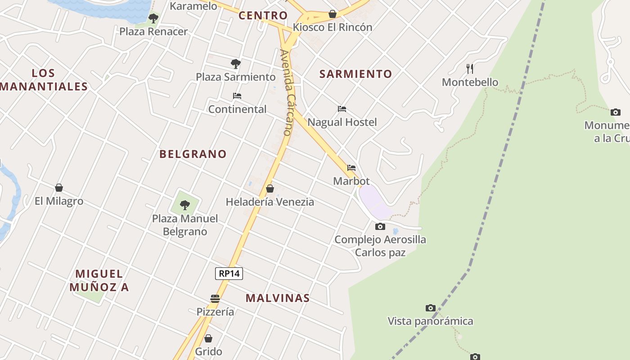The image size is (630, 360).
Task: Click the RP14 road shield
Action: (229, 273)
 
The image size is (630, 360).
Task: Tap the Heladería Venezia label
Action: (270, 202)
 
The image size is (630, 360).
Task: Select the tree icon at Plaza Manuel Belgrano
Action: (184, 205)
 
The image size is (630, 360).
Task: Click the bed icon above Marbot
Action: (351, 168)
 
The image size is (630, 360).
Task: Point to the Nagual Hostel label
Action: (342, 122)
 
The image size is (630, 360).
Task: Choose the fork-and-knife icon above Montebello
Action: (470, 68)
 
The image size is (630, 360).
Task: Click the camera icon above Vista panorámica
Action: (431, 308)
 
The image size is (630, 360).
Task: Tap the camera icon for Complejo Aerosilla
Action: (380, 226)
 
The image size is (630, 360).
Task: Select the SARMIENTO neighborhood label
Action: (355, 74)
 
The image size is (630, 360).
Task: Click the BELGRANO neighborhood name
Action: (193, 154)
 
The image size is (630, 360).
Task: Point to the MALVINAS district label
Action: (278, 298)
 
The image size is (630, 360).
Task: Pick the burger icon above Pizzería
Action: (215, 298)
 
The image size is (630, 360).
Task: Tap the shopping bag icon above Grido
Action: (208, 338)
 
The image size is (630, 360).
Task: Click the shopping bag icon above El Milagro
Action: (59, 188)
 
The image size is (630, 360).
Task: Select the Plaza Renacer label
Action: (153, 31)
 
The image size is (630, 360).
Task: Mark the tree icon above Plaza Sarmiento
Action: (235, 63)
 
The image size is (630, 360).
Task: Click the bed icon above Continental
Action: (237, 96)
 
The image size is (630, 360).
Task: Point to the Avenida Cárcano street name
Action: (287, 92)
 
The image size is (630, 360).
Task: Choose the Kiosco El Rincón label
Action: (333, 27)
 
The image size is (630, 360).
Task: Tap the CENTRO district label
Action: (263, 15)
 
